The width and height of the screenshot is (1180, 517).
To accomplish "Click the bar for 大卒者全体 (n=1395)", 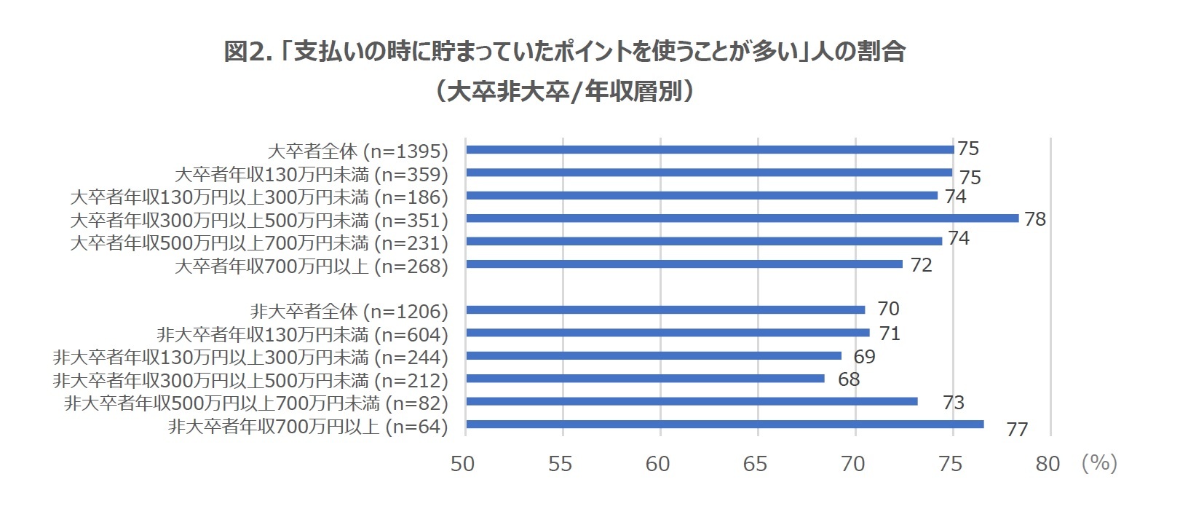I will coord(710,150).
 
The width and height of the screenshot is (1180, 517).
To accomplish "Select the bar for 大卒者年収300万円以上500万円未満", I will coord(742,218).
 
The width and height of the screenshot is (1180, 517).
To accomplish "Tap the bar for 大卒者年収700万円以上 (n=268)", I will coord(684,264).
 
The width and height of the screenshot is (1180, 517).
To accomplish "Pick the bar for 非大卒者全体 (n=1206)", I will coord(665,310).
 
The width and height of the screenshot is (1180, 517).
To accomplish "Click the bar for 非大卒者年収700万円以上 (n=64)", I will coord(724,425).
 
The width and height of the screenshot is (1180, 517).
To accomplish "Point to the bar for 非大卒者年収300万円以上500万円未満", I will coord(645,379).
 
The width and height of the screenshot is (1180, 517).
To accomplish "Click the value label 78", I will coord(1034,219).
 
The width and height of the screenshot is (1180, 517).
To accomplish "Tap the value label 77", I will coord(1017,430).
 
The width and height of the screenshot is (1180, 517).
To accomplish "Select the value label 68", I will coord(849,379).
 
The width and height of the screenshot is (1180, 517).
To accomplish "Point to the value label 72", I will coord(921,265).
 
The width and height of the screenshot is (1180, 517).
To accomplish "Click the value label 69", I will coord(864,357).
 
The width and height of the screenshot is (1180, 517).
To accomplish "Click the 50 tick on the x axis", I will coord(463,465).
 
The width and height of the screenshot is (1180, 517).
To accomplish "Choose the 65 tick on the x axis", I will coord(756,465).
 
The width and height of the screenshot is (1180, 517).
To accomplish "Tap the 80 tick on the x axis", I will coord(1048,465).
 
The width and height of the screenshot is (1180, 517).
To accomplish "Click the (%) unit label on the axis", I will coord(1099,463).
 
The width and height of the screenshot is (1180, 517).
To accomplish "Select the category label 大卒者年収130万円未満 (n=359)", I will coord(312,175).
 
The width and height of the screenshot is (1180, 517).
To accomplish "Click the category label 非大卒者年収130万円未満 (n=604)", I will coord(302,335).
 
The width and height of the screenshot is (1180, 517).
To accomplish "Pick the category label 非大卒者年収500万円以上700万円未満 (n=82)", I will coord(256,403).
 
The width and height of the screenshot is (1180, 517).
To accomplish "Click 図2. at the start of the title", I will coord(248,52).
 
